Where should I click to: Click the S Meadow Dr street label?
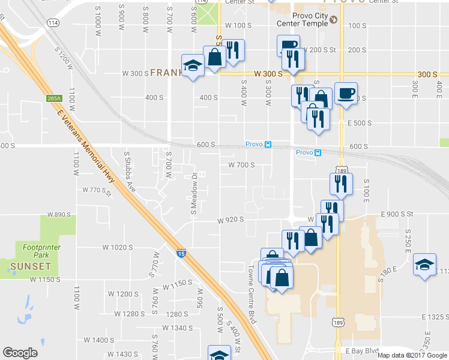tap(194, 193)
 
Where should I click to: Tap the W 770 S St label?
tap(97, 190)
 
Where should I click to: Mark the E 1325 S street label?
tap(435, 317)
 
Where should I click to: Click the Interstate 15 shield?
tap(181, 254)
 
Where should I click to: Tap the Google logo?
tap(20, 353)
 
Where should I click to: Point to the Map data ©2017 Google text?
tap(412, 355)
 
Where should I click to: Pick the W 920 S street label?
tap(230, 220)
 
